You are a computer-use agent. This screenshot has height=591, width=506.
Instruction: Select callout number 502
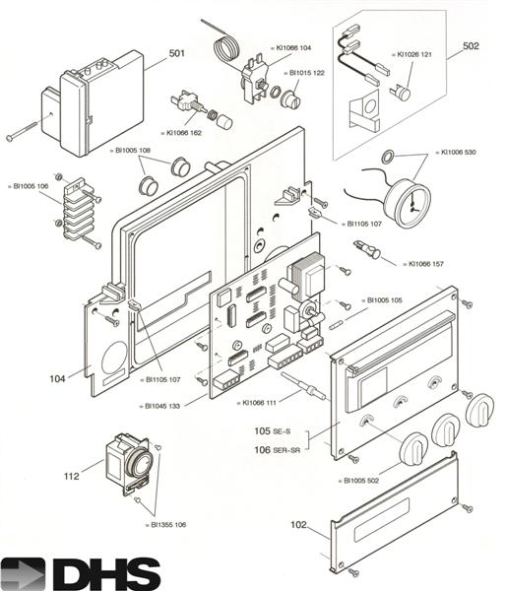coord(471,45)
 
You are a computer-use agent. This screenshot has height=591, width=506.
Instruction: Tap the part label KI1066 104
coord(293,47)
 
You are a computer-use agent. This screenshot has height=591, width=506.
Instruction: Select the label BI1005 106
coord(29,185)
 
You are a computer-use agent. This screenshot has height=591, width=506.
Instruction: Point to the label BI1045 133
coord(161,406)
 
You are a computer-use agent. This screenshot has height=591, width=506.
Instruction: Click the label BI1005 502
coord(361,480)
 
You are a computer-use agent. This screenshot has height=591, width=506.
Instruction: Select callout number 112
coord(71,477)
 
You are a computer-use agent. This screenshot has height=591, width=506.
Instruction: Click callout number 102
coord(298,526)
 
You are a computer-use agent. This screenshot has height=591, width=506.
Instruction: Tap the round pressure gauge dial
coord(408,198)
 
